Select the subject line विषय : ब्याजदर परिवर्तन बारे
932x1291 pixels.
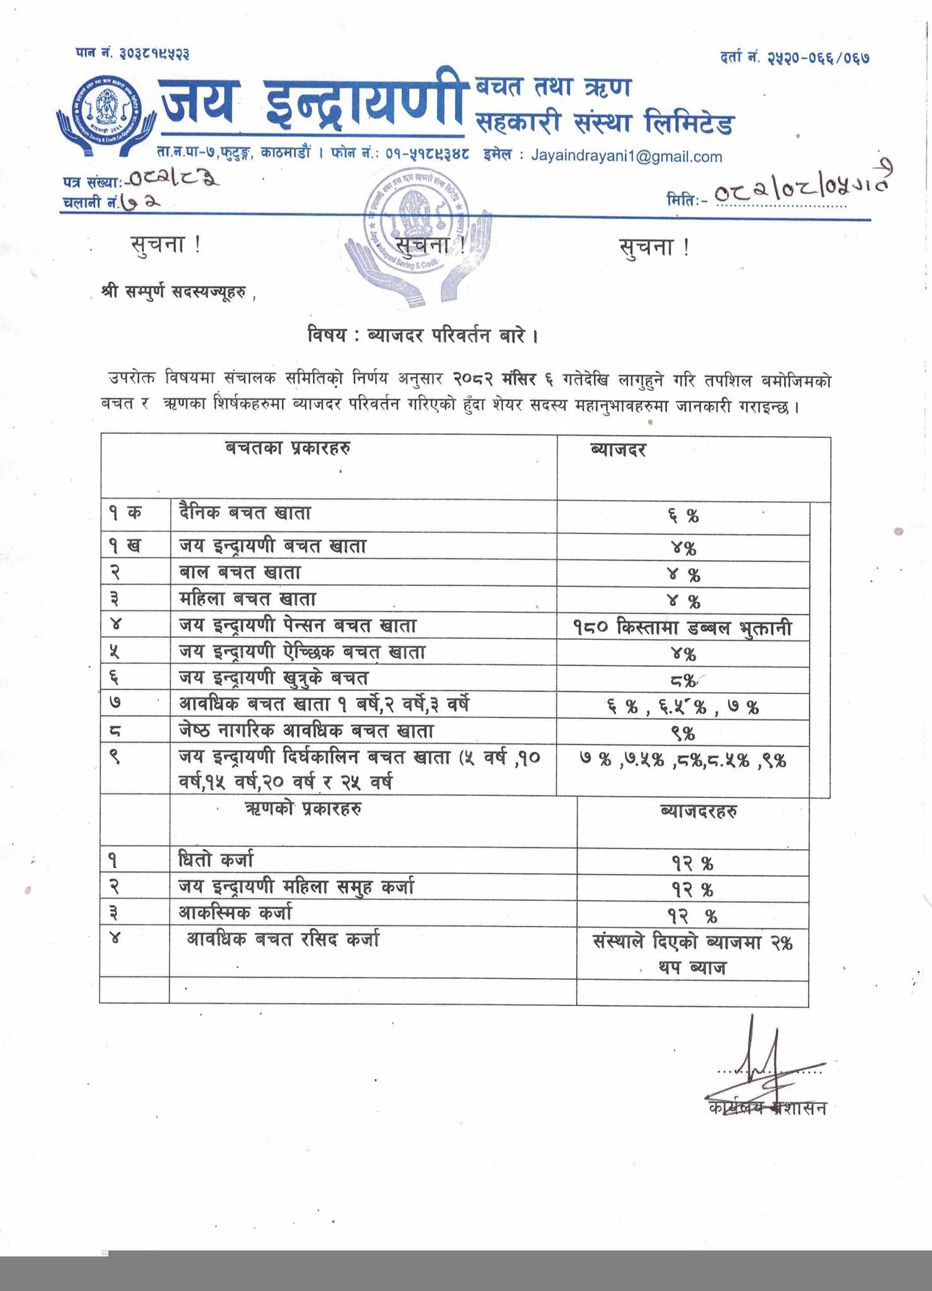tap(422, 335)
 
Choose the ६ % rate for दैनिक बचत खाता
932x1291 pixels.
tap(684, 517)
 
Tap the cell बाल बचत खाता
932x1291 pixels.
tap(240, 573)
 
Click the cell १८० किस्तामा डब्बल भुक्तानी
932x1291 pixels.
tap(684, 628)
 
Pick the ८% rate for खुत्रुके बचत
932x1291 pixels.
tap(684, 681)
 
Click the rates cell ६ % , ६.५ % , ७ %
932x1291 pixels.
tap(684, 707)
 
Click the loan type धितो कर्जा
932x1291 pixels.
tap(216, 860)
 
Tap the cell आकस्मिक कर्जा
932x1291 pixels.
tap(235, 913)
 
